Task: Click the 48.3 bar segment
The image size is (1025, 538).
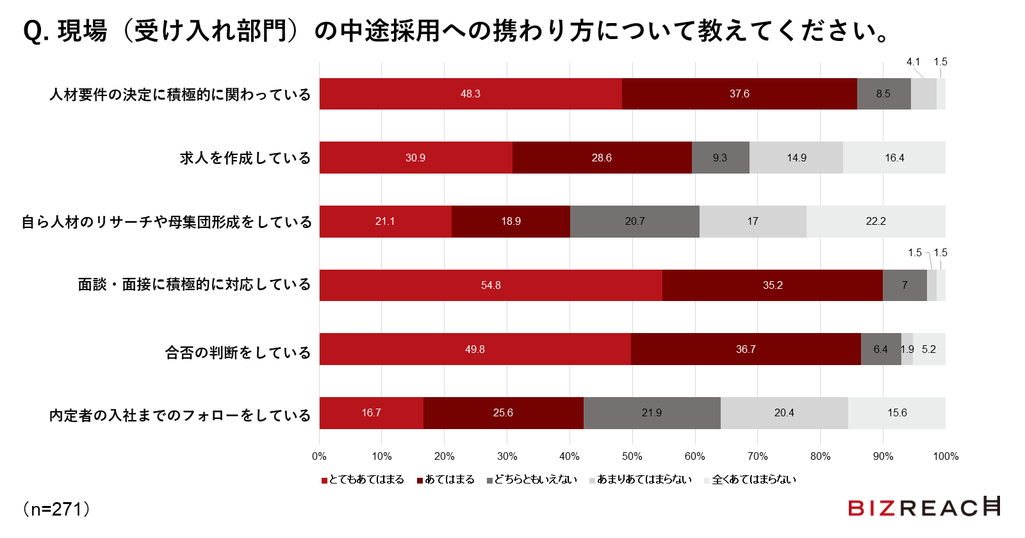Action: (470, 94)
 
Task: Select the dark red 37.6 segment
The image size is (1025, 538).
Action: (739, 94)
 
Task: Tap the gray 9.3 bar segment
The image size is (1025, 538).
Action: (720, 158)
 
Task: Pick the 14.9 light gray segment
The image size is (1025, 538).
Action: (796, 158)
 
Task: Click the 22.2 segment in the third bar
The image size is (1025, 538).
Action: (876, 221)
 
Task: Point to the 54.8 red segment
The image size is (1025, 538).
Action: (491, 285)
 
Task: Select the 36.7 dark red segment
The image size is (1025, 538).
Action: (746, 349)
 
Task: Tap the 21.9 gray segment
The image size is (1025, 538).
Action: (652, 412)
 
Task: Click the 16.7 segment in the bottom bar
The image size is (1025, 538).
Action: (372, 412)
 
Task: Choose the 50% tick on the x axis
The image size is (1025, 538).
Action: (632, 456)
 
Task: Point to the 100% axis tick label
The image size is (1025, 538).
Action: (946, 456)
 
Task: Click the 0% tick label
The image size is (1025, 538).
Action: (319, 456)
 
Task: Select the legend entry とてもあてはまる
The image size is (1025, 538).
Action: (363, 480)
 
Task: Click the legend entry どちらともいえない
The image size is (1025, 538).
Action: (532, 480)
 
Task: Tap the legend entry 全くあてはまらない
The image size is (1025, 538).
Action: (750, 480)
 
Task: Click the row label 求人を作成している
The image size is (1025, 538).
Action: (245, 158)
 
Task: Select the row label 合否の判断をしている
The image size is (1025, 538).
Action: (238, 353)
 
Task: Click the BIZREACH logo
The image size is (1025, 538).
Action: (923, 507)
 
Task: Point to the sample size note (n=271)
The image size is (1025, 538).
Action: (56, 509)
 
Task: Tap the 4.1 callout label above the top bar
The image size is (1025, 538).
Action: (913, 62)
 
